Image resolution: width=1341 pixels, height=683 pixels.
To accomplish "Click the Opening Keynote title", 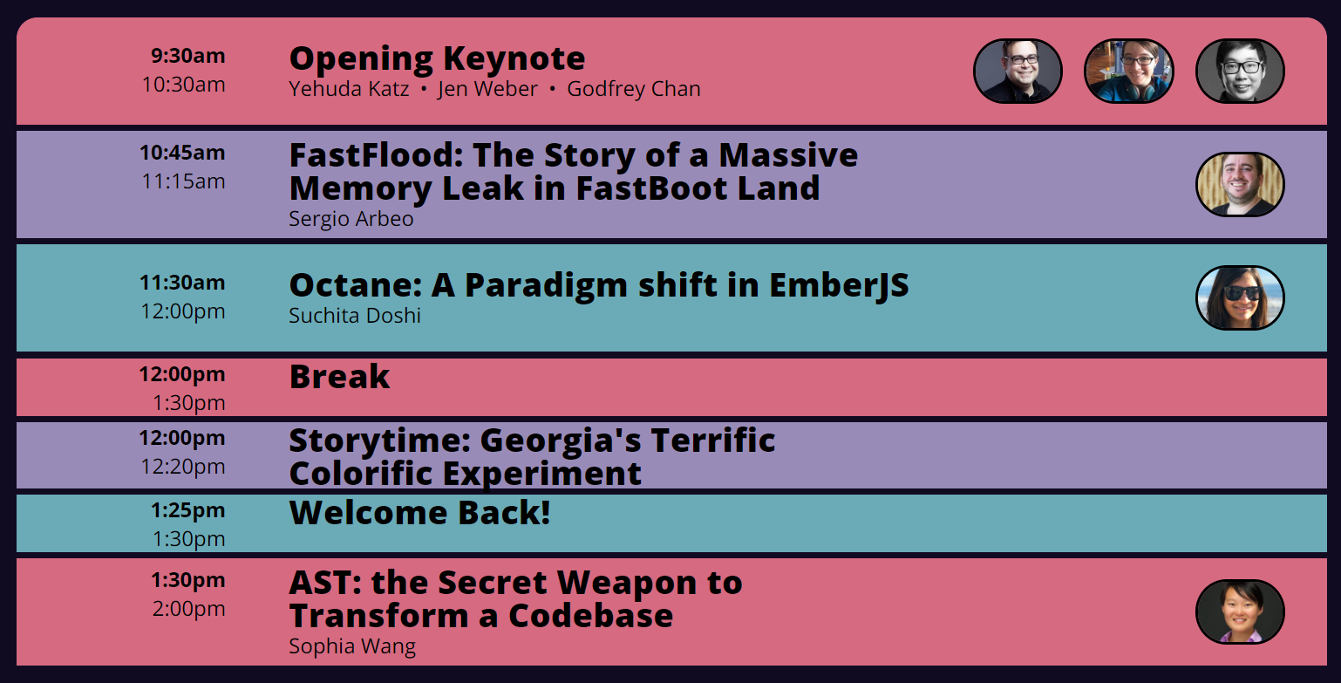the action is point(437,59).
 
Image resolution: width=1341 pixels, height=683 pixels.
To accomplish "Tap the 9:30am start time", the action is point(188,56).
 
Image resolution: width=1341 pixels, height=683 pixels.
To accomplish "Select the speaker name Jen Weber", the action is point(487,89).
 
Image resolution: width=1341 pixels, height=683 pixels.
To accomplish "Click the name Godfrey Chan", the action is point(633,89).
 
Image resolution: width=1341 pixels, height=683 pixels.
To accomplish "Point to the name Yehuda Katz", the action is point(349,89).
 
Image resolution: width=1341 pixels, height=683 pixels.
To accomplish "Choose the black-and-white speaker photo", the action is point(1240,71).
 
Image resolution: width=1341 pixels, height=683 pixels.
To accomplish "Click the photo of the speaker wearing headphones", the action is point(1128,71).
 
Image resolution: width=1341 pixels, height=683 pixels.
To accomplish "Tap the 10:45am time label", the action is point(182,153).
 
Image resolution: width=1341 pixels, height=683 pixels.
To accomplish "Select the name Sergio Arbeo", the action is point(351,219).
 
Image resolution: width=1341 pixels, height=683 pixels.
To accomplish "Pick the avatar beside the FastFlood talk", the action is point(1240,184).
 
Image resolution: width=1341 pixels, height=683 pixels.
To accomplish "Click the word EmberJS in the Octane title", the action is point(839,285).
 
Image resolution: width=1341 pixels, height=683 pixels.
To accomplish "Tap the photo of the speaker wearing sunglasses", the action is point(1240,297).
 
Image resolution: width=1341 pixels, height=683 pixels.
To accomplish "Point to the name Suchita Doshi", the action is point(354,316).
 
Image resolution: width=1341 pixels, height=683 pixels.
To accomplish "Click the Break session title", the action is point(339,377).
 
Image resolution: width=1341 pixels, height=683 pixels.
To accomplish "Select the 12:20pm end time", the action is point(183,467).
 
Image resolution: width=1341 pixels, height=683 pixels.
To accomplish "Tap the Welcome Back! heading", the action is point(419,513).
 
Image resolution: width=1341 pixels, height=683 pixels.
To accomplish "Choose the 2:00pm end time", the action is point(188,609).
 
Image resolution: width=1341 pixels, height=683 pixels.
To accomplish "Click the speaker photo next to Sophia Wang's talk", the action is point(1240,611).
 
